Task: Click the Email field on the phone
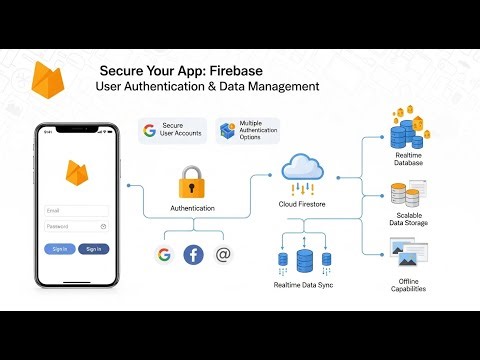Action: tap(76, 210)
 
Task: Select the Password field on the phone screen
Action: tap(76, 226)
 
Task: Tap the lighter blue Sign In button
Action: tap(59, 248)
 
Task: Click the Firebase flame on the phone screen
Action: tap(76, 174)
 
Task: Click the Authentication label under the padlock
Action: tap(192, 208)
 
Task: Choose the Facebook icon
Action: tap(193, 254)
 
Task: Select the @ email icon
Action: tap(223, 254)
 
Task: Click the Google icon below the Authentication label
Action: tap(163, 254)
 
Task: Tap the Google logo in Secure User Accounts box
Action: tap(150, 130)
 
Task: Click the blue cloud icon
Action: tap(302, 166)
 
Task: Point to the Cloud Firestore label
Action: tap(302, 204)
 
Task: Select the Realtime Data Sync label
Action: tap(303, 286)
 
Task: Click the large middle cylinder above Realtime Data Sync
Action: tap(304, 260)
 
